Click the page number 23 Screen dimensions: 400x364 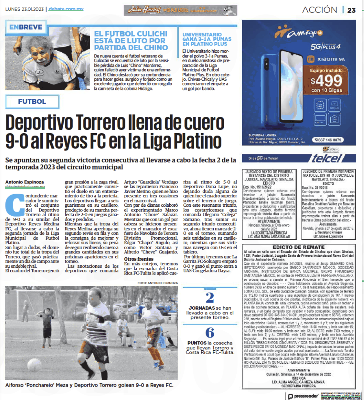tap(351, 10)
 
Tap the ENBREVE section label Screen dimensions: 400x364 tap(26, 27)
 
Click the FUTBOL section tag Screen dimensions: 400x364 tap(32, 101)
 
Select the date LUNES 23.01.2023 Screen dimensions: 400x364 tap(24, 9)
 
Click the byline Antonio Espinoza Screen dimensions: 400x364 tap(24, 182)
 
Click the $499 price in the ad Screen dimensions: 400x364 tap(327, 81)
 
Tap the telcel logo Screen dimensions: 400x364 tap(327, 158)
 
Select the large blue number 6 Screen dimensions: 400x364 tap(210, 332)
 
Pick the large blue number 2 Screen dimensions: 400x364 tap(210, 298)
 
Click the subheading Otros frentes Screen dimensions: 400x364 tap(139, 259)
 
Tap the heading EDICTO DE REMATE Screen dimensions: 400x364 tap(299, 247)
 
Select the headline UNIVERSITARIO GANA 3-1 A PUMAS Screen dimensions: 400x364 tap(207, 39)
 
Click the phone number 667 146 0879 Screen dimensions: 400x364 tap(328, 140)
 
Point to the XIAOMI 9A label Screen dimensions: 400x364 tap(331, 59)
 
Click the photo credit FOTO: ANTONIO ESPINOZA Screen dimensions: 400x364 tap(157, 283)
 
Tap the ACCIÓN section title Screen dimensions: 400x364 tap(319, 10)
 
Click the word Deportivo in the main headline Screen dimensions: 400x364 tap(39, 122)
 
